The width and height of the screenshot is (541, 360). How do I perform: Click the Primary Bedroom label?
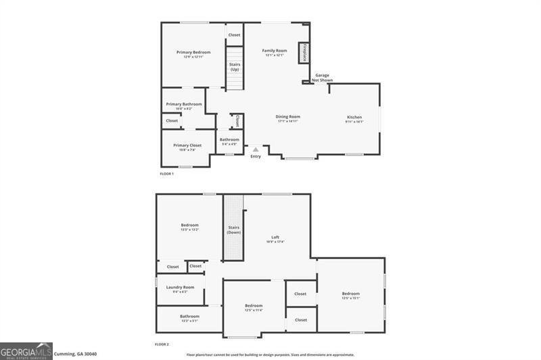tap(193, 53)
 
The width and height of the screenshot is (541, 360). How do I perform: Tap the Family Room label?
tap(275, 51)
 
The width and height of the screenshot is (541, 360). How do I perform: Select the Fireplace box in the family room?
tap(304, 53)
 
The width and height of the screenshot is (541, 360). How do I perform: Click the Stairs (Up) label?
tap(234, 66)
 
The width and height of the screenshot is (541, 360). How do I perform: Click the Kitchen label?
tap(354, 117)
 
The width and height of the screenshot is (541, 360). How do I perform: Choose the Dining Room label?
tap(287, 117)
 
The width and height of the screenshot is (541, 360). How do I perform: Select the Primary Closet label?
tap(187, 145)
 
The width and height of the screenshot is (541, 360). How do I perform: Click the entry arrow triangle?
tap(256, 150)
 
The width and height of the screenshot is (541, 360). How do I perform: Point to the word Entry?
tap(256, 156)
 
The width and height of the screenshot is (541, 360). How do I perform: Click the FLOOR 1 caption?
tap(166, 174)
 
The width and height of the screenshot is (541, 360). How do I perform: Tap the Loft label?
tap(275, 237)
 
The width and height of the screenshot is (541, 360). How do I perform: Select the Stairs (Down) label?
tap(234, 229)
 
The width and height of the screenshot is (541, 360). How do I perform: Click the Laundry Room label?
tap(180, 287)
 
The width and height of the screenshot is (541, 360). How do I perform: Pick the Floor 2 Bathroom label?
tap(189, 316)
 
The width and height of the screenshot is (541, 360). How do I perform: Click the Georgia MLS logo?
tap(26, 351)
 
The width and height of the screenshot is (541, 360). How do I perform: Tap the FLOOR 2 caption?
tap(162, 344)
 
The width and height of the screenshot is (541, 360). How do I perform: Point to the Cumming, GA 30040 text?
tap(76, 353)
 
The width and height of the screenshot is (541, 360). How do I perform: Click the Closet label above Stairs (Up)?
tap(234, 35)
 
